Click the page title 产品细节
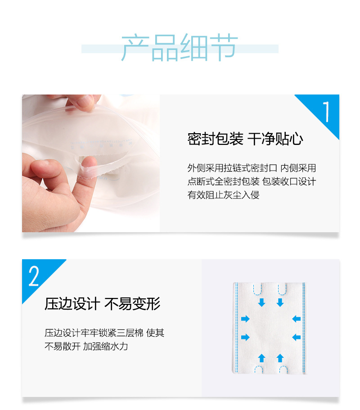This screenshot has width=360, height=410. click(180, 47)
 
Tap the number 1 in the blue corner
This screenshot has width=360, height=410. click(326, 112)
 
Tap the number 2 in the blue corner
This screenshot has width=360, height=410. click(34, 276)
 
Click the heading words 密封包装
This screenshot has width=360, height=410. click(215, 139)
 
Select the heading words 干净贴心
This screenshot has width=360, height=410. click(275, 139)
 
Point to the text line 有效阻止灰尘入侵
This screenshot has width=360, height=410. click(223, 195)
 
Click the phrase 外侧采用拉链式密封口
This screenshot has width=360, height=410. click(232, 168)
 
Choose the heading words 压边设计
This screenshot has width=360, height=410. click(72, 304)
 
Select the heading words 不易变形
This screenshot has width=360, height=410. click(132, 304)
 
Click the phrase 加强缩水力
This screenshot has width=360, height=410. click(106, 347)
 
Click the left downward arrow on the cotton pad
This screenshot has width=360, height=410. click(262, 302)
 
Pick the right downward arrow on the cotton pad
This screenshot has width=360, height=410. click(280, 302)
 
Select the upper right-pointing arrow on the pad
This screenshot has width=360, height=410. click(245, 319)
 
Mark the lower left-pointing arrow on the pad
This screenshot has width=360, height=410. click(296, 337)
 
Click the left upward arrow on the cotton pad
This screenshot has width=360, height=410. click(262, 358)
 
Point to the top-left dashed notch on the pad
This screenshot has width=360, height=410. click(257, 288)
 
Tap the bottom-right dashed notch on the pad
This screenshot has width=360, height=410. click(283, 370)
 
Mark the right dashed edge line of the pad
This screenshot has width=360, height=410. click(304, 328)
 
